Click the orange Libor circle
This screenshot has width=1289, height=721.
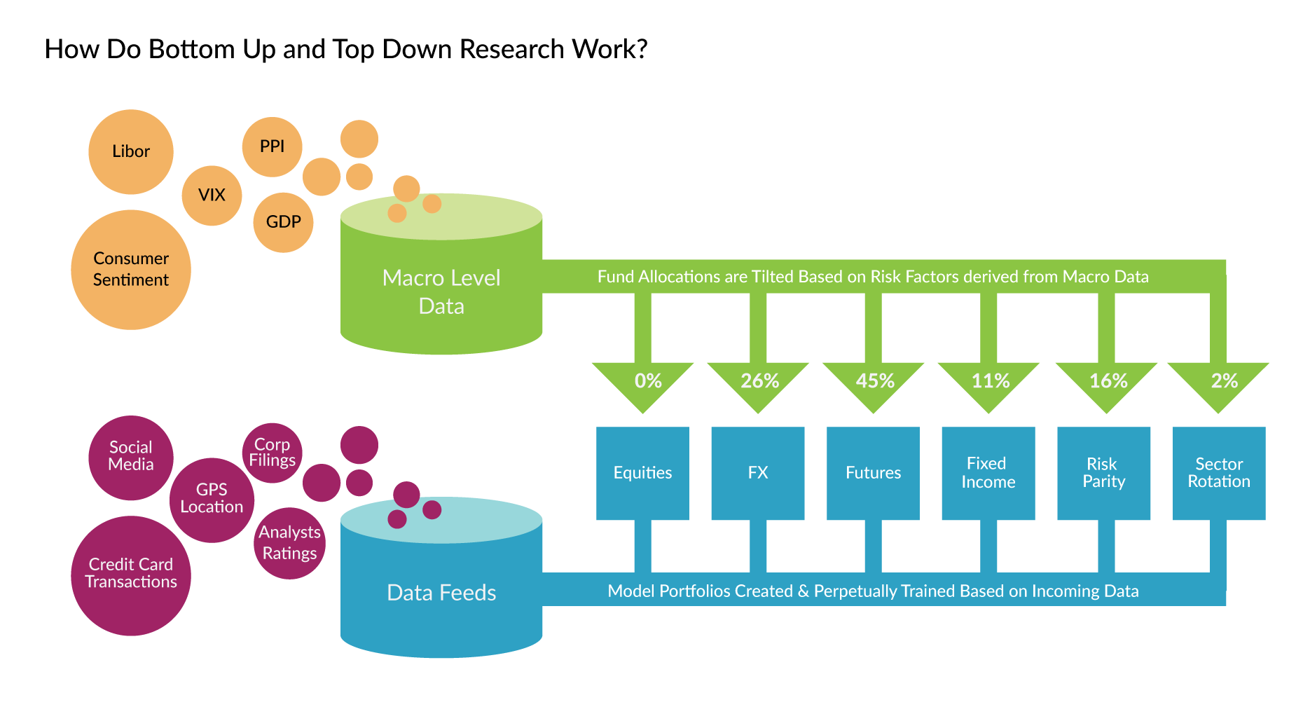pyautogui.click(x=131, y=151)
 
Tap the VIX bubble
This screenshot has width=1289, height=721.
pyautogui.click(x=212, y=195)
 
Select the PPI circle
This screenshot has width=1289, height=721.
pyautogui.click(x=272, y=146)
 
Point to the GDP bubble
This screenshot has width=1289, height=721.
pyautogui.click(x=283, y=222)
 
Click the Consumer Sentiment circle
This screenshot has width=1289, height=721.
pyautogui.click(x=131, y=269)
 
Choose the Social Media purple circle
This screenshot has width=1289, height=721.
pyautogui.click(x=131, y=457)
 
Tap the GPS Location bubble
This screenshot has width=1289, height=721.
pyautogui.click(x=212, y=499)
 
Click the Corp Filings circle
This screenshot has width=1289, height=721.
pyautogui.click(x=272, y=453)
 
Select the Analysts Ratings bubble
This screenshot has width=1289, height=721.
pyautogui.click(x=289, y=543)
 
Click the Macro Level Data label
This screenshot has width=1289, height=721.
pyautogui.click(x=441, y=291)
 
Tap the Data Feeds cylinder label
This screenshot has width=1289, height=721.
pyautogui.click(x=441, y=593)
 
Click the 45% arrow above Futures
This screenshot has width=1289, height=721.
pyautogui.click(x=874, y=382)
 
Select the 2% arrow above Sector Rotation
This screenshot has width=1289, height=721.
pyautogui.click(x=1220, y=382)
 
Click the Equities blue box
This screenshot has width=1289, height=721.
pyautogui.click(x=642, y=473)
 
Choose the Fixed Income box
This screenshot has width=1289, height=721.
pyautogui.click(x=988, y=473)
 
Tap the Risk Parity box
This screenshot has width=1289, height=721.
pyautogui.click(x=1103, y=473)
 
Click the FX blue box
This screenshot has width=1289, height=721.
pyautogui.click(x=757, y=473)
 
